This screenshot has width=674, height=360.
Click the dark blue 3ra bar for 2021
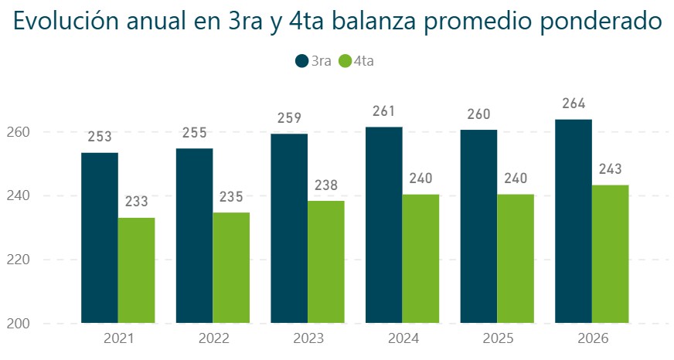coord(100,238)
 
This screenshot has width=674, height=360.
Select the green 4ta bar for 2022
coord(231,267)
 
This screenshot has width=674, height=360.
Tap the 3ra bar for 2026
coord(574,221)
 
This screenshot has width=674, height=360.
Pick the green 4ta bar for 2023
coord(326,262)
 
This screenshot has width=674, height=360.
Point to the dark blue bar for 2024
coord(384,225)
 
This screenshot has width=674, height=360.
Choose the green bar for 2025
coord(516,259)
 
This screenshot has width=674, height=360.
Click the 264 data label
coord(574,104)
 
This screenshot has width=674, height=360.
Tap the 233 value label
coord(136,201)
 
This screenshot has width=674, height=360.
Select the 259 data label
coord(289,117)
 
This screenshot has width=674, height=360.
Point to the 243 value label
coord(611,169)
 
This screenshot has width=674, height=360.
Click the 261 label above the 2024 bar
coord(384,111)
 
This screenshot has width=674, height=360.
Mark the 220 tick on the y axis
coord(18,260)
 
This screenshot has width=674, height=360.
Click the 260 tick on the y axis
coord(18,132)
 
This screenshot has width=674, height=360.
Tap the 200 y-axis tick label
coord(18,324)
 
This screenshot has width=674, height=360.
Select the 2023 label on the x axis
coord(308,338)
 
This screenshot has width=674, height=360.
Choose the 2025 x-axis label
coord(498,338)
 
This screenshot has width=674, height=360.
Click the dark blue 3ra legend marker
coord(302,61)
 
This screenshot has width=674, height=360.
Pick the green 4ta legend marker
coord(346,61)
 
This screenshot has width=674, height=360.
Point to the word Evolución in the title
coord(66,21)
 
